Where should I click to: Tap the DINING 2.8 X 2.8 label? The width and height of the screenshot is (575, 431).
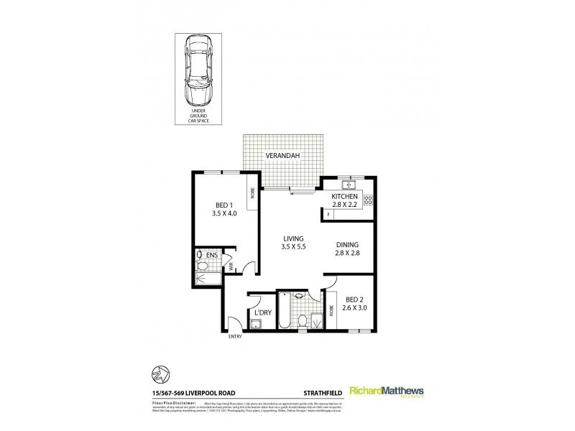[347, 248]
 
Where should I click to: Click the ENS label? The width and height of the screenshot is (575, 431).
[211, 254]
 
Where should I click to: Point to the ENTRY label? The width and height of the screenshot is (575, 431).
[235, 336]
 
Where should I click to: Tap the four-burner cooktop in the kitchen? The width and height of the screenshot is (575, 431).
[368, 200]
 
